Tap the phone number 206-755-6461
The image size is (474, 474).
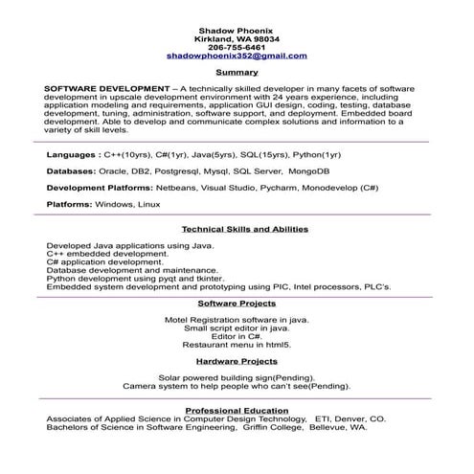tap(237, 48)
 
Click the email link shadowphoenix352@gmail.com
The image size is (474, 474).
tap(237, 56)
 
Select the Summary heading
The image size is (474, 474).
tap(237, 73)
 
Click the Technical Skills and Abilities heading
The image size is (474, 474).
tap(245, 230)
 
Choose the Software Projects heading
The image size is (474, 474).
tap(237, 303)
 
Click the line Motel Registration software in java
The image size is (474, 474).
tap(237, 318)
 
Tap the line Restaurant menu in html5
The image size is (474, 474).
tap(237, 344)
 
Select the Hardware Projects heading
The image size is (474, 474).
tap(237, 361)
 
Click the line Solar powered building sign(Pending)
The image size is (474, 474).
tap(237, 377)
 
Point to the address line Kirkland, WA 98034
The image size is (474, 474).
tap(237, 39)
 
